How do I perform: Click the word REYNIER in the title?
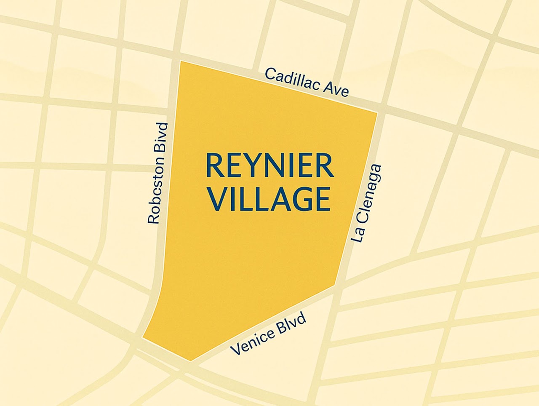(x=269, y=166)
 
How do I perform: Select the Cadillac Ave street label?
(x=307, y=82)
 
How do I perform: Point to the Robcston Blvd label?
(x=158, y=173)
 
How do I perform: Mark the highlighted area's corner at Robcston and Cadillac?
(x=181, y=61)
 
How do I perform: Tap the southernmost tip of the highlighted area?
(x=191, y=361)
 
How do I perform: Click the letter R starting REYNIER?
(x=213, y=166)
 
